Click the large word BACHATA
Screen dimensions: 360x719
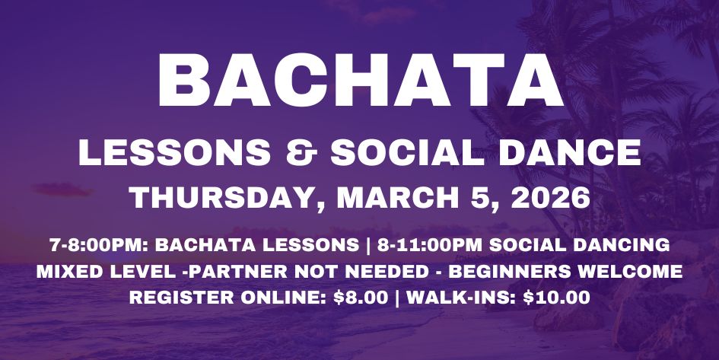(360, 81)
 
